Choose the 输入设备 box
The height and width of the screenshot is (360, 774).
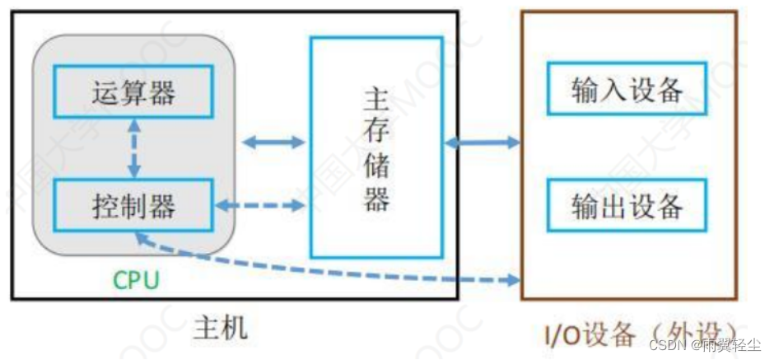point(627,90)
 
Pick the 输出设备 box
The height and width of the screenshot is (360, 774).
point(627,205)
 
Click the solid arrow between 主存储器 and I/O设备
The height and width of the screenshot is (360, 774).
point(482,143)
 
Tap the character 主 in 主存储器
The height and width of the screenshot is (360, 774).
point(376,100)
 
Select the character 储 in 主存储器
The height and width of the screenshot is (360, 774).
point(376,166)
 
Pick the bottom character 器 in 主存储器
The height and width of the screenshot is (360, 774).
point(376,200)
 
